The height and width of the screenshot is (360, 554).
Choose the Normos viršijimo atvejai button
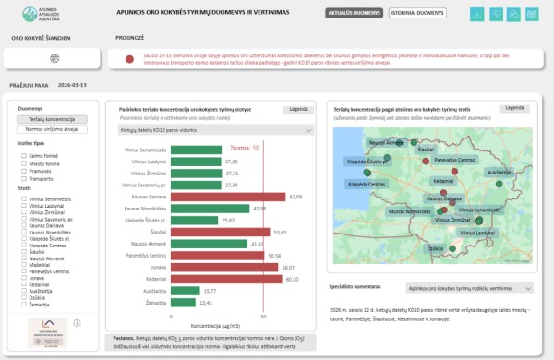click(x=52, y=128)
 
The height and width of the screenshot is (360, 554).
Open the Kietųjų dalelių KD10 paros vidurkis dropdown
click(x=214, y=131)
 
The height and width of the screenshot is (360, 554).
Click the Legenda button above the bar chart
click(x=298, y=109)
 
